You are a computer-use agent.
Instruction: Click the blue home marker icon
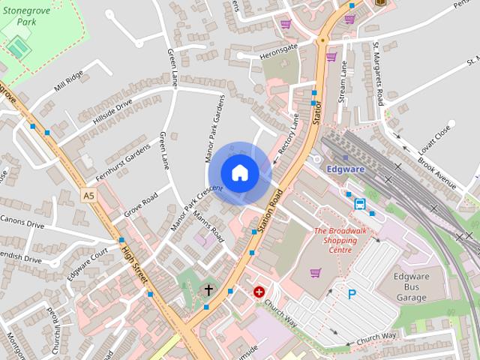pyautogui.click(x=239, y=172)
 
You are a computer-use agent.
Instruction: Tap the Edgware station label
pyautogui.click(x=346, y=169)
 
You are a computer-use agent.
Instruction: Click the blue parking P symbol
pyautogui.click(x=352, y=295)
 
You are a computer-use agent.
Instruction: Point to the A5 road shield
pyautogui.click(x=89, y=195)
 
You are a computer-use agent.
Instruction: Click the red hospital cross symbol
pyautogui.click(x=259, y=292)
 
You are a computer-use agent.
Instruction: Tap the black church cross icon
pyautogui.click(x=208, y=289)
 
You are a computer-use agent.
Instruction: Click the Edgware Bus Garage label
pyautogui.click(x=410, y=286)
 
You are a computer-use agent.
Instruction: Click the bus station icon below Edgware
pyautogui.click(x=359, y=202)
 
